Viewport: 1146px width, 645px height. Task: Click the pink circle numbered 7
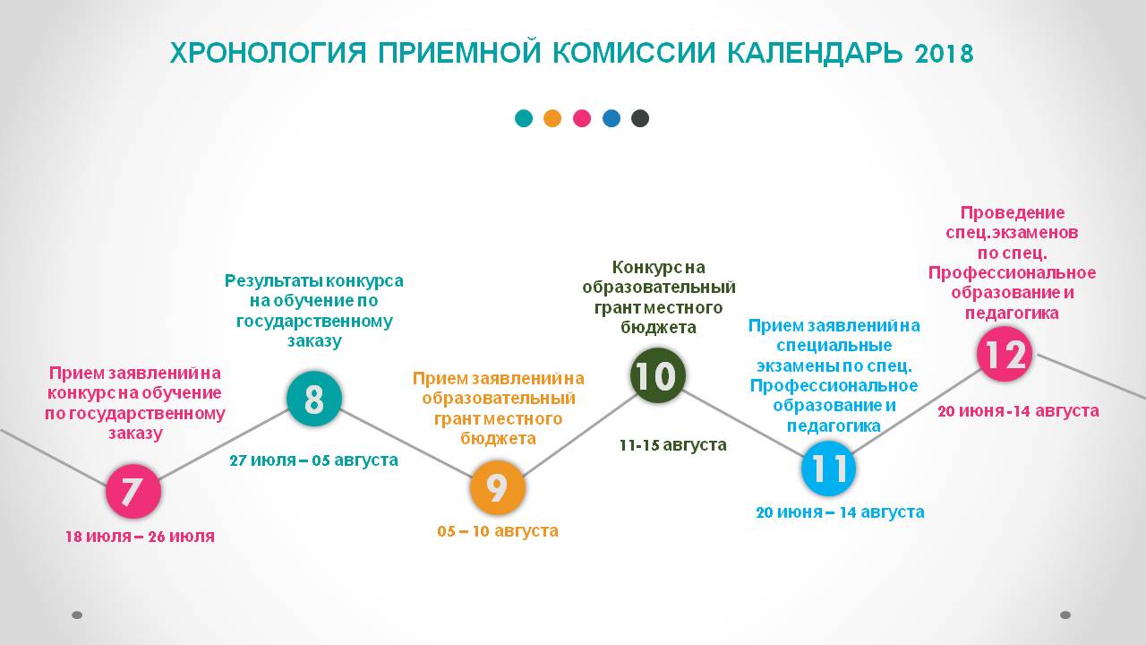coord(133,492)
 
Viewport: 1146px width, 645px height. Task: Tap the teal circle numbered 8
coord(313,399)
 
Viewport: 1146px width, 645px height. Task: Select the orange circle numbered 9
coord(497,487)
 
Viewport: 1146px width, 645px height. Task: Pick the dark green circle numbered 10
coord(657,375)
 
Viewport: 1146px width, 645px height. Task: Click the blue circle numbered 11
coord(828,469)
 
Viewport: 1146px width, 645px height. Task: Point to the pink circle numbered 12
coord(1005,354)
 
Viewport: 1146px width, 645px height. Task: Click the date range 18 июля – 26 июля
coord(140,537)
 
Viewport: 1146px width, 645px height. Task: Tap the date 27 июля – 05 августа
coord(313,460)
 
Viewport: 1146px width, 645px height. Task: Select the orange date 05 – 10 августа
coord(498,531)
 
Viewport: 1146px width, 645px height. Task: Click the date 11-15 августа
coord(672,445)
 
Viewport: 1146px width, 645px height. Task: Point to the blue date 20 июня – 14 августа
coord(840,512)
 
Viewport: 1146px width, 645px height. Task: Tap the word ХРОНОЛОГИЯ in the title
coord(268,53)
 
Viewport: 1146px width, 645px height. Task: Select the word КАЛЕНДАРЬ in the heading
coord(815,53)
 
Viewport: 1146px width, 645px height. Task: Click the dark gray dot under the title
coord(640,118)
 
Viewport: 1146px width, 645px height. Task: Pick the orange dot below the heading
coord(552,118)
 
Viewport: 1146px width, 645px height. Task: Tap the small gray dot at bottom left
coord(77,615)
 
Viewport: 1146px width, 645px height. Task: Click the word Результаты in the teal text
coord(274,281)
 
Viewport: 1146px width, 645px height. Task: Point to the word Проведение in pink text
coord(1012,212)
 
